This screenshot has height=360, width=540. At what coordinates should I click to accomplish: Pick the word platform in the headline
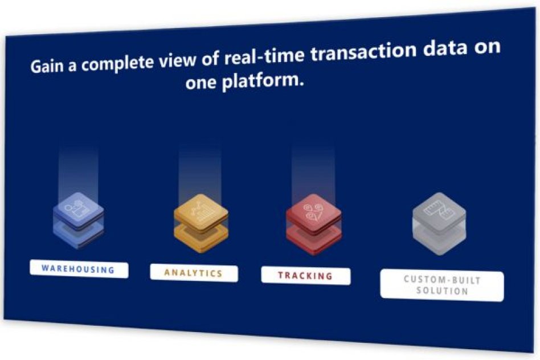point(263,81)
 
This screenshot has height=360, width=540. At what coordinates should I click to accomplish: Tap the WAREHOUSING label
point(79,269)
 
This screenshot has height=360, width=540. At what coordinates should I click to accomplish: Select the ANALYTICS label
point(194,273)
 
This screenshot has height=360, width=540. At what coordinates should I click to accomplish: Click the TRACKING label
point(306,276)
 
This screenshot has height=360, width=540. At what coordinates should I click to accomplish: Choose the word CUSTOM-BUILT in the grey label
point(442,280)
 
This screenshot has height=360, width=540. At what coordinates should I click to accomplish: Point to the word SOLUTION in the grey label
point(442,291)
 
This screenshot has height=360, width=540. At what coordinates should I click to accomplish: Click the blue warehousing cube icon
point(79,220)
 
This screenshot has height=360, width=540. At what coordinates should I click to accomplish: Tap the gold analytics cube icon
point(201,224)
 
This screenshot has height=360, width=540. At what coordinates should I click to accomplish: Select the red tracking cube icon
point(313,225)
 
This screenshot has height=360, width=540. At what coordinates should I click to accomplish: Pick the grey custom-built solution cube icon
point(439,224)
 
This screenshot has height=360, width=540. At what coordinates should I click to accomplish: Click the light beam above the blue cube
point(78,172)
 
